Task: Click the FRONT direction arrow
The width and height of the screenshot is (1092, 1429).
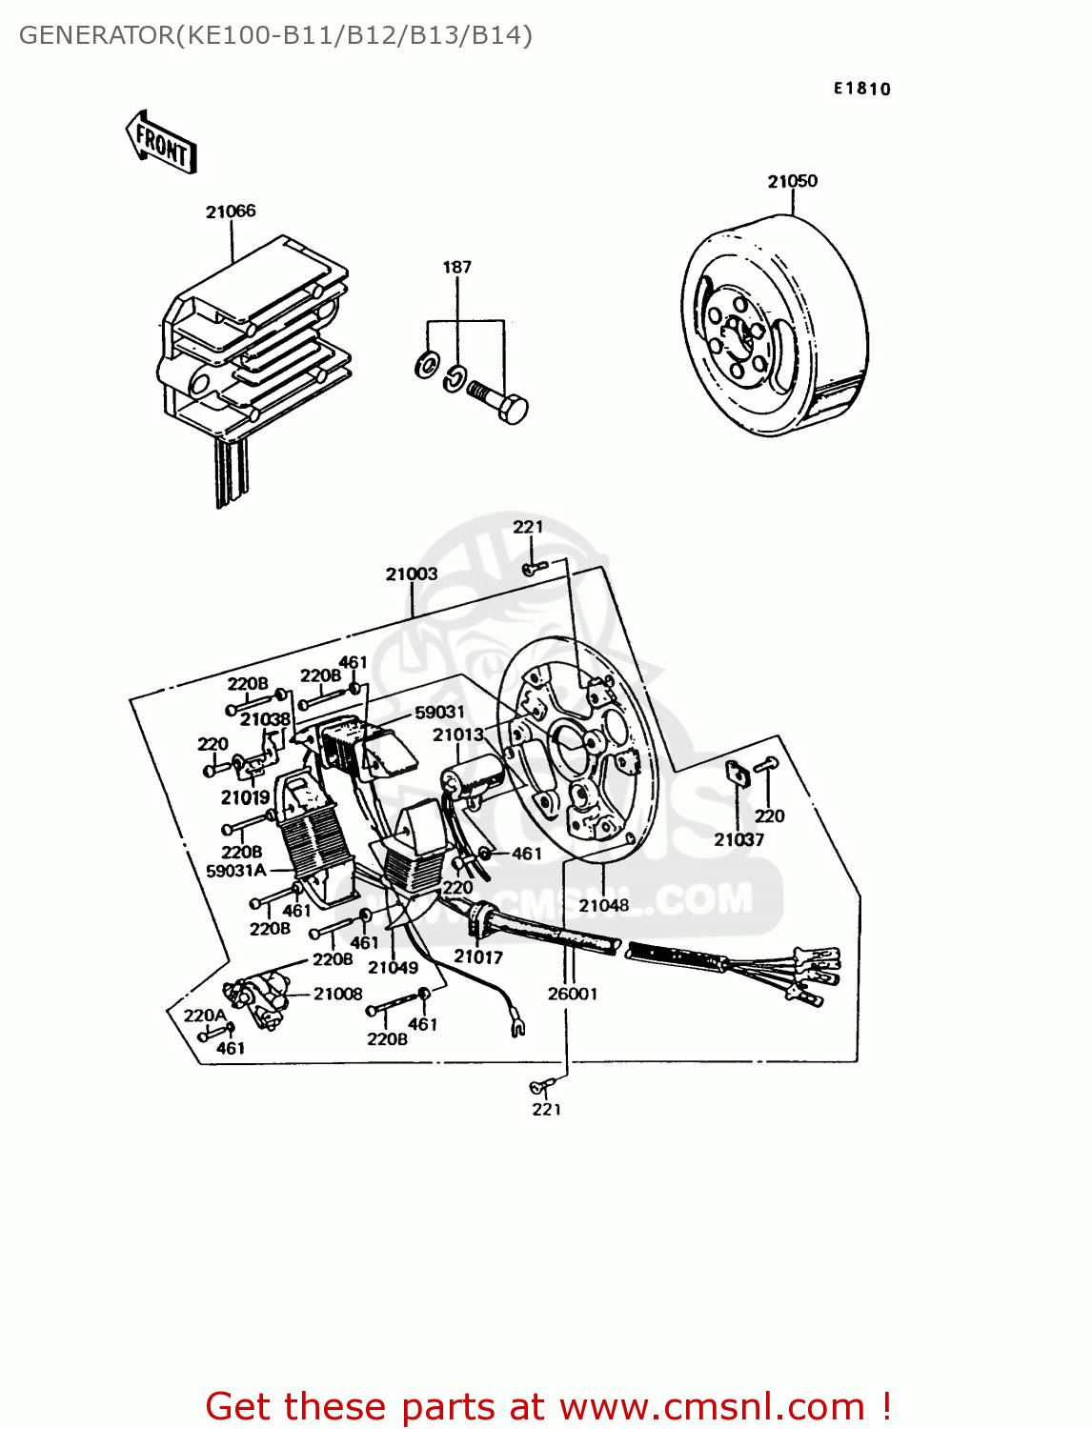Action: [161, 142]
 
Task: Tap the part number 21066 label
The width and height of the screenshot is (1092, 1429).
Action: [231, 211]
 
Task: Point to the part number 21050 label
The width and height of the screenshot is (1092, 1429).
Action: [792, 181]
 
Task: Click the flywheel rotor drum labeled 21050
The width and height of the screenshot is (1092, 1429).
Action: [772, 324]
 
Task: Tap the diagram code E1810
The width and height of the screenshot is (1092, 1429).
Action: [862, 89]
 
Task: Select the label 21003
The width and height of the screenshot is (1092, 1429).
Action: [412, 574]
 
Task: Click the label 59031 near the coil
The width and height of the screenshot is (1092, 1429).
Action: [439, 712]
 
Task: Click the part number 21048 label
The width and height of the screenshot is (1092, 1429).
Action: [604, 905]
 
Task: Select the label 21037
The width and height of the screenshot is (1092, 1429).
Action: [738, 839]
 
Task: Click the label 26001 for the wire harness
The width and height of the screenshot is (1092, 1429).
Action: [572, 994]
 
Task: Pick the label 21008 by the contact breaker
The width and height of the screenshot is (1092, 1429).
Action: [337, 994]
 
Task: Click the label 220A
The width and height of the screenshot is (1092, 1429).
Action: [205, 1016]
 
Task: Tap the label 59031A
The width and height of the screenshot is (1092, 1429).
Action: [235, 870]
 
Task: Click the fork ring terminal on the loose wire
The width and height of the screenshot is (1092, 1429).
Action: [517, 1026]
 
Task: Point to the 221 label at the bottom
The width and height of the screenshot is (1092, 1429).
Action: [547, 1109]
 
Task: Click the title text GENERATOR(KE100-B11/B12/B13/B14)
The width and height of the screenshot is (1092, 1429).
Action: [275, 35]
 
